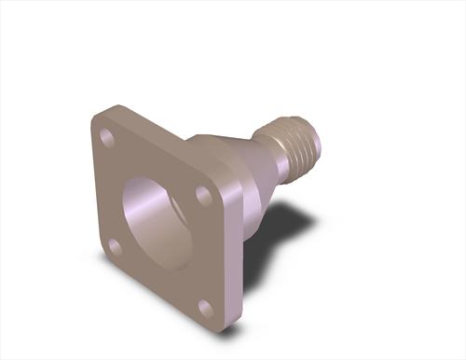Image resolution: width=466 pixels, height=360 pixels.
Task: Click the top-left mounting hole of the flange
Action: (107, 138)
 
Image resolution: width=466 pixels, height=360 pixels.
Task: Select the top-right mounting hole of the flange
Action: (203, 195)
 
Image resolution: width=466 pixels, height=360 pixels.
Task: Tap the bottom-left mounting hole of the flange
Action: (114, 247)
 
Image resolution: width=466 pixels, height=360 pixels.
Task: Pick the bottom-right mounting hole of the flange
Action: (206, 308)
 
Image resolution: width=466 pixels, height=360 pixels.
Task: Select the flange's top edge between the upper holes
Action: (158, 149)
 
